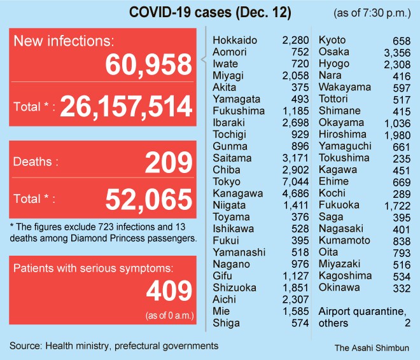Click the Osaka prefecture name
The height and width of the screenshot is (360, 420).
333,52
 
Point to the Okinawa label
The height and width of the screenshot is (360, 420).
340,287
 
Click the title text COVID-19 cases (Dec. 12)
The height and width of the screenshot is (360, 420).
202,13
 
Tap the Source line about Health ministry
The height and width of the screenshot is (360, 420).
114,345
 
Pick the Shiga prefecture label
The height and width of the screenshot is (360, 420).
226,323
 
